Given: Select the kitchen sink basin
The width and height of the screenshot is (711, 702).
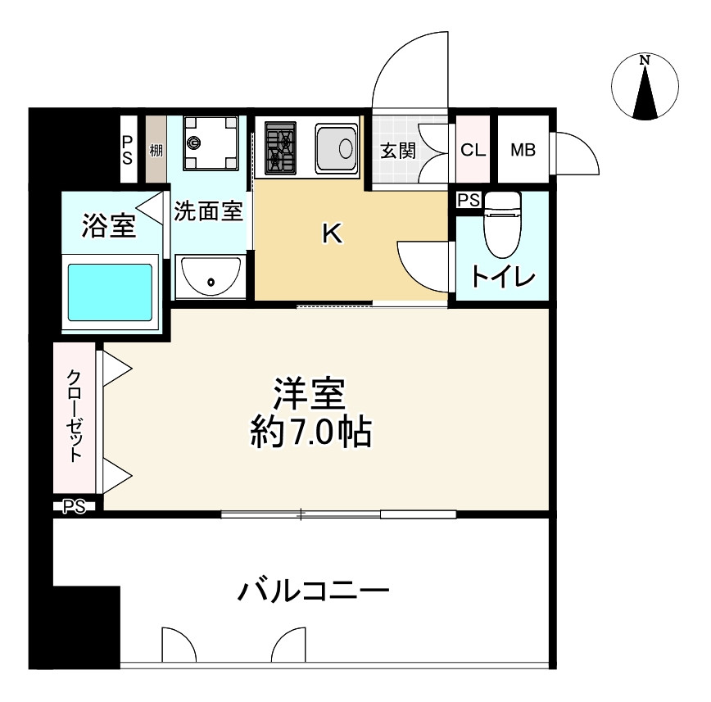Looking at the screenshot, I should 336,149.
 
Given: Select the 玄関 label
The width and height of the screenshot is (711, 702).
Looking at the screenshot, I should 398,151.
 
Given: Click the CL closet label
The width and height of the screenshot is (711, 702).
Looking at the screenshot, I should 472,151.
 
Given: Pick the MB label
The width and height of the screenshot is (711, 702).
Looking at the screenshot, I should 523,151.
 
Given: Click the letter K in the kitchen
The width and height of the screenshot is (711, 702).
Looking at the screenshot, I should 332,235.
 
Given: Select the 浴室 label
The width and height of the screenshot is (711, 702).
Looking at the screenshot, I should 108,226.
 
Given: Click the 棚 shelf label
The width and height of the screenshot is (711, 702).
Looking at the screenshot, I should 156,151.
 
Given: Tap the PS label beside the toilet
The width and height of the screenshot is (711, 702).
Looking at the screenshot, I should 469,200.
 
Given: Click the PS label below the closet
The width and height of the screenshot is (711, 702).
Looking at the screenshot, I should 75,507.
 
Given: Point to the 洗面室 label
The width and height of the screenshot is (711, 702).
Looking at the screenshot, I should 208,211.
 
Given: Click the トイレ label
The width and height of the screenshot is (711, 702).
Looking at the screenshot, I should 503,277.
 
